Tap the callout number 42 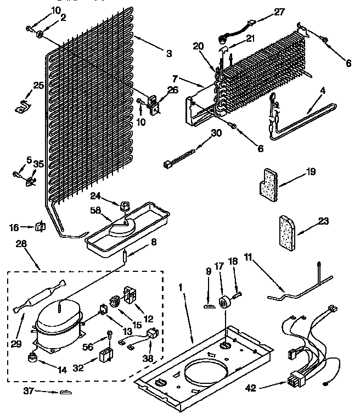(x=250, y=388)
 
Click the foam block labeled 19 (x=268, y=184)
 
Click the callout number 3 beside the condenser (x=169, y=53)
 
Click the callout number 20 (x=199, y=46)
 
